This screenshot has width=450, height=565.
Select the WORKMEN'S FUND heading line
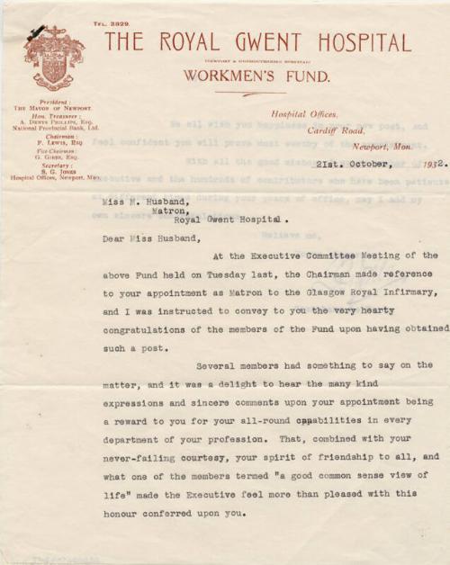click(x=256, y=76)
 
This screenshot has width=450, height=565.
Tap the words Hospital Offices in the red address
click(x=305, y=114)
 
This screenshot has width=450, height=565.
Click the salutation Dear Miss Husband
click(x=147, y=239)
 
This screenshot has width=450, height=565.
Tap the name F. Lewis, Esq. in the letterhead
click(x=55, y=142)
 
